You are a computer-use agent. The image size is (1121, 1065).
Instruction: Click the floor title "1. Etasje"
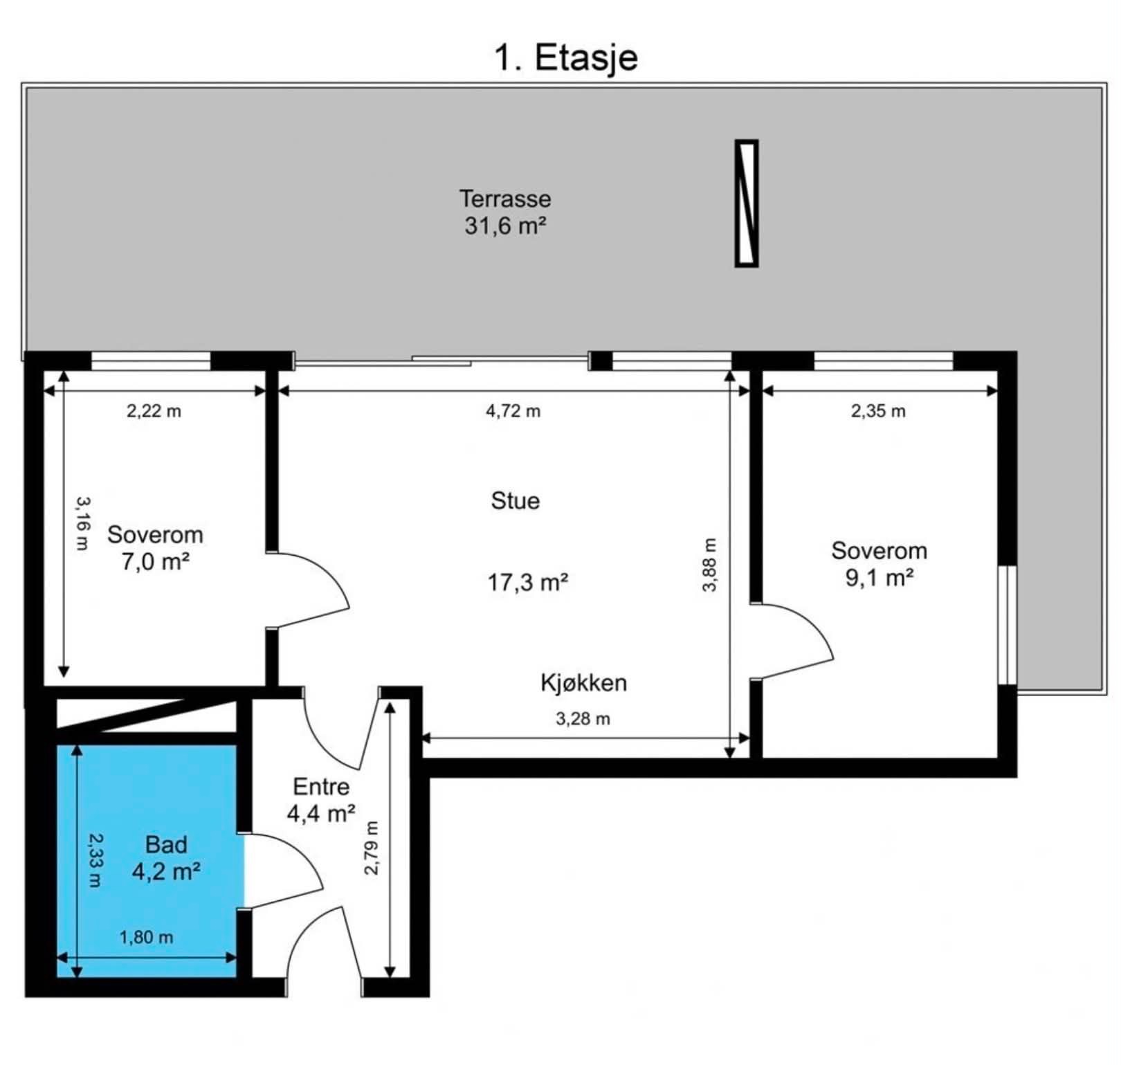coord(565,57)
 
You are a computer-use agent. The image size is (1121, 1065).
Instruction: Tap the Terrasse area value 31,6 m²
coord(506,226)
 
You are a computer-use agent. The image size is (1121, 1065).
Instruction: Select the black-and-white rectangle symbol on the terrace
coord(746,203)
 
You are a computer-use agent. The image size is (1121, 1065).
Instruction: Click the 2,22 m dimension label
coord(154,411)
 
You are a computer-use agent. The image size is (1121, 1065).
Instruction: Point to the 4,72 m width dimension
coord(513,411)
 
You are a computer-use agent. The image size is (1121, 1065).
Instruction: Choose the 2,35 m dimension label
coord(878,411)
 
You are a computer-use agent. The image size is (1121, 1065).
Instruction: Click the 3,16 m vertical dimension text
coord(82,523)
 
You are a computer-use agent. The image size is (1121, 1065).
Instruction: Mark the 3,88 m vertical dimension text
coord(710,565)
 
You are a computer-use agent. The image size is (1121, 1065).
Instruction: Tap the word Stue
coord(516,500)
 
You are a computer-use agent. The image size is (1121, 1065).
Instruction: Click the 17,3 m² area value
coord(528,583)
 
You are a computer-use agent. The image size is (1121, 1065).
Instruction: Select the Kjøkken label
coord(583,683)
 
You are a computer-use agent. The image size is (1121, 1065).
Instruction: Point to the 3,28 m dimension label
coord(583,719)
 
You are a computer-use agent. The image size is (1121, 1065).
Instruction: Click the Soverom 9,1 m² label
coord(879,564)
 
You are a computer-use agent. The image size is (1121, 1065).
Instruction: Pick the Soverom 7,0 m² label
coord(155,548)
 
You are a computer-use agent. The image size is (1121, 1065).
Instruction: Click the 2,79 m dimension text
coord(372,848)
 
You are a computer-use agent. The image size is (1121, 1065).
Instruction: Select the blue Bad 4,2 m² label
coord(166,858)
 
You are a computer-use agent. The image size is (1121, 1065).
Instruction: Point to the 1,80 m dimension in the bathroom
coord(146,938)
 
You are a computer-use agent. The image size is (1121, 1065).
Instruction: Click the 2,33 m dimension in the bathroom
coord(94,859)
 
